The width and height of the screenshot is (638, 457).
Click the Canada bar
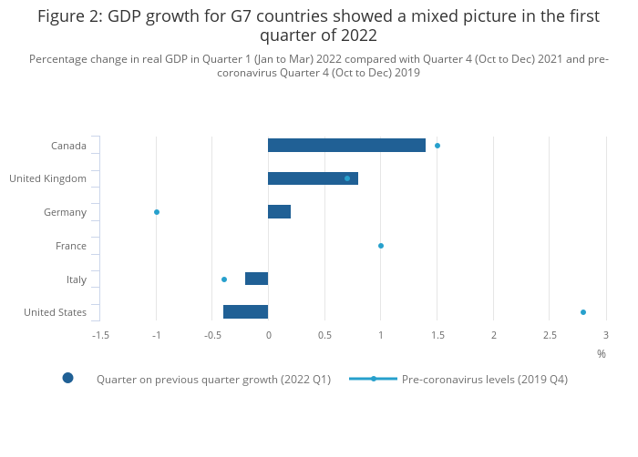pos(346,146)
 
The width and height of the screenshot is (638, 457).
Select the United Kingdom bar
pos(313,178)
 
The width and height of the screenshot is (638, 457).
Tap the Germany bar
pos(279,212)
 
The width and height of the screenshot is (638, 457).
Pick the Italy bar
pos(256,279)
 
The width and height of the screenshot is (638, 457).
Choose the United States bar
pos(245,312)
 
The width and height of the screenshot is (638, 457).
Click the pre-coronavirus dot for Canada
pos(437,146)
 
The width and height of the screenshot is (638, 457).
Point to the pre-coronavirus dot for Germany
pos(157,212)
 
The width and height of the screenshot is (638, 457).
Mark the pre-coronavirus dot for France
pos(381,246)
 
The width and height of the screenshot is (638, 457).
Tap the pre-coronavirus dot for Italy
pos(224,279)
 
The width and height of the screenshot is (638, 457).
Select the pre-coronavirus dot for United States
pos(583,312)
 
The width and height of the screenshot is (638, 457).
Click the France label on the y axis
pos(71,246)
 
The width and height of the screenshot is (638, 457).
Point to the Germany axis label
pos(65,212)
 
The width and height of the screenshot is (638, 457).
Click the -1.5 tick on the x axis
pos(100,335)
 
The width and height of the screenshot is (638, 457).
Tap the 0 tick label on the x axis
pos(268,335)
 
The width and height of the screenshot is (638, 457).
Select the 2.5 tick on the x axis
pos(550,335)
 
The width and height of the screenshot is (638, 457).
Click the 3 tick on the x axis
pos(605,335)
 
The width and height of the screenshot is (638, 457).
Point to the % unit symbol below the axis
pos(602,353)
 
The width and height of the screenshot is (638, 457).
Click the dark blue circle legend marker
pos(67,379)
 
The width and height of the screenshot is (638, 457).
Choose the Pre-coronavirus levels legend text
pos(484,380)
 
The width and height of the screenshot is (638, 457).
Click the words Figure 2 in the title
pos(69,16)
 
